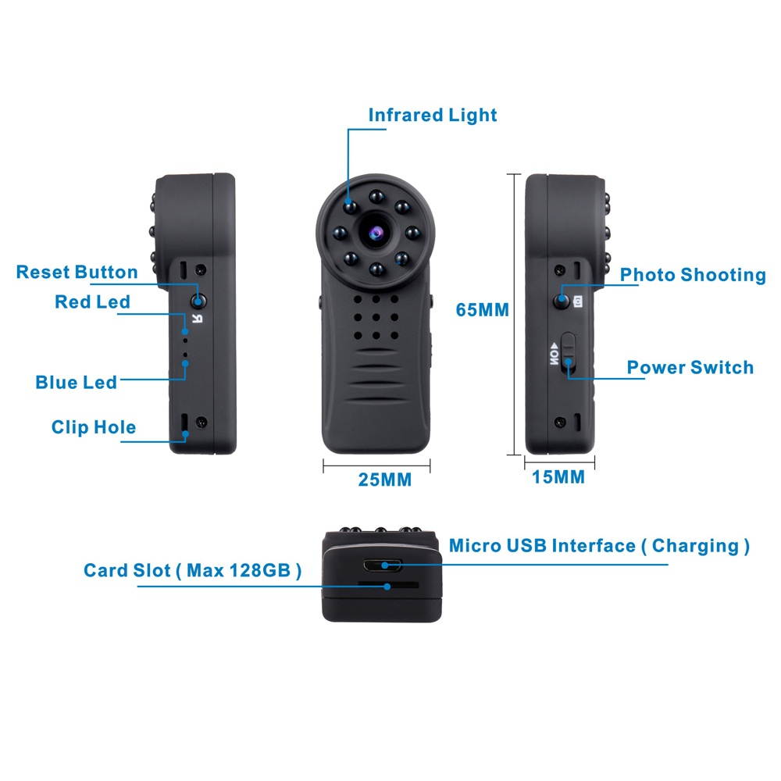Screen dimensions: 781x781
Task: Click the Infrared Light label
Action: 432,116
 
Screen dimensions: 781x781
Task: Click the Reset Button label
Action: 77,273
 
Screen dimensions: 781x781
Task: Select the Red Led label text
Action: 92,302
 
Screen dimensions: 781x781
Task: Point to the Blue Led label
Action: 76,382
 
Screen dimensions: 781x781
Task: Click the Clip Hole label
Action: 93,427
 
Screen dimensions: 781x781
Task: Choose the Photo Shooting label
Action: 693,275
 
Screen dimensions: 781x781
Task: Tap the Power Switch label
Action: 690,367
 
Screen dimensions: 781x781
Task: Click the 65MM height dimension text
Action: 483,310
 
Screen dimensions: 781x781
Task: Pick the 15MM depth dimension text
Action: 558,477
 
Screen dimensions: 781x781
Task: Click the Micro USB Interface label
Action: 599,546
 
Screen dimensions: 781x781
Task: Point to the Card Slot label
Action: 192,570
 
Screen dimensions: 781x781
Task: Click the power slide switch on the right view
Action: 569,351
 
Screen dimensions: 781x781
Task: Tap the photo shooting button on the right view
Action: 562,301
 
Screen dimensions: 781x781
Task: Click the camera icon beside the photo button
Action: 580,301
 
